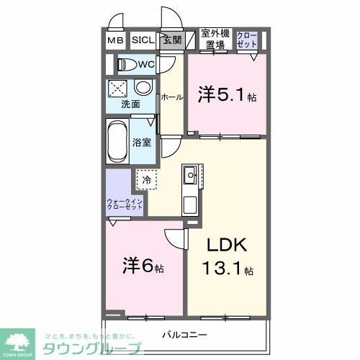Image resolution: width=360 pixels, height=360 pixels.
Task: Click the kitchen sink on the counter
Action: pyautogui.click(x=190, y=174)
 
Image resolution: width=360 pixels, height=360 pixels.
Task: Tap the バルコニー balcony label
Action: pyautogui.click(x=184, y=335)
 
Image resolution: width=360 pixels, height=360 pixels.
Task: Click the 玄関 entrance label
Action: pyautogui.click(x=170, y=40)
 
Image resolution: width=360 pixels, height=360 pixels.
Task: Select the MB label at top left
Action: pyautogui.click(x=116, y=40)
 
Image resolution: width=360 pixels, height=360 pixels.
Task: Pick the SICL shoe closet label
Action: pyautogui.click(x=141, y=40)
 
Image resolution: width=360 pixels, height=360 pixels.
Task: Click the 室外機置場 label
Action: pyautogui.click(x=215, y=40)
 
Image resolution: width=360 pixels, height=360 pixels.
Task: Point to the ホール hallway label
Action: pyautogui.click(x=171, y=96)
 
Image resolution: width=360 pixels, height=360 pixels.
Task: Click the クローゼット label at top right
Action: pyautogui.click(x=246, y=40)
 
